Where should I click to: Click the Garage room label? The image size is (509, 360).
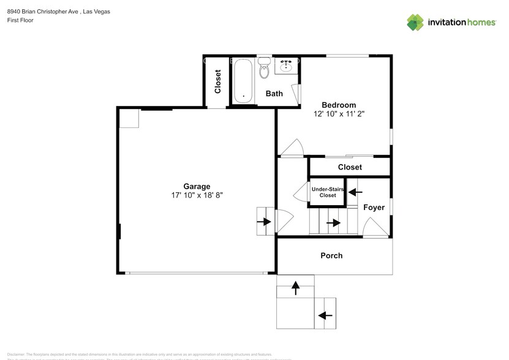coord(197,186)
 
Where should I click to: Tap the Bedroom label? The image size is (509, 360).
coord(339,105)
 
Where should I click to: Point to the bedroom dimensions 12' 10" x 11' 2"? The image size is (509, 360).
coord(339,113)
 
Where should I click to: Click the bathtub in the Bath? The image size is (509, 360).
coord(243,80)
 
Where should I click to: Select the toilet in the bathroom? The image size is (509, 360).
coord(264,69)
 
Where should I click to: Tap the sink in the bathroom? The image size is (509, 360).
coord(286,65)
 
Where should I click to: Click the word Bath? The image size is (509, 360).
coord(274,94)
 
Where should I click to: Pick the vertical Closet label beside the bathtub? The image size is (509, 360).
coord(217,81)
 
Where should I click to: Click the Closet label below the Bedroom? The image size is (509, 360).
coord(350,167)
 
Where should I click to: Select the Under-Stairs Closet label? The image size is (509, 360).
coord(327,192)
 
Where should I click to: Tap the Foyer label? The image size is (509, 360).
coord(374,208)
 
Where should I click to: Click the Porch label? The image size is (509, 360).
coord(331,255)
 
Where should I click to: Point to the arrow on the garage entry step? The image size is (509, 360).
coord(266,222)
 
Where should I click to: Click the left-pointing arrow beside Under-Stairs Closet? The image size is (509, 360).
coord(355,192)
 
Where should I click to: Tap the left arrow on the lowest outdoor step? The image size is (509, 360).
coord(325,315)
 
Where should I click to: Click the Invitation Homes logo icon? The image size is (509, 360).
coord(416,22)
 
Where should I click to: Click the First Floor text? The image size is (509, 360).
coord(21,20)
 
